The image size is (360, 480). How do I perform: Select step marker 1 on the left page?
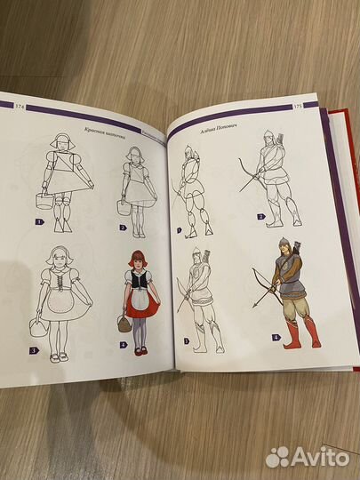point(40,222)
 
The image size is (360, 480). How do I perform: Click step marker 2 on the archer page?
point(260,217)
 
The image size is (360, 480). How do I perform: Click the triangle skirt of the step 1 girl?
point(71,181)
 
